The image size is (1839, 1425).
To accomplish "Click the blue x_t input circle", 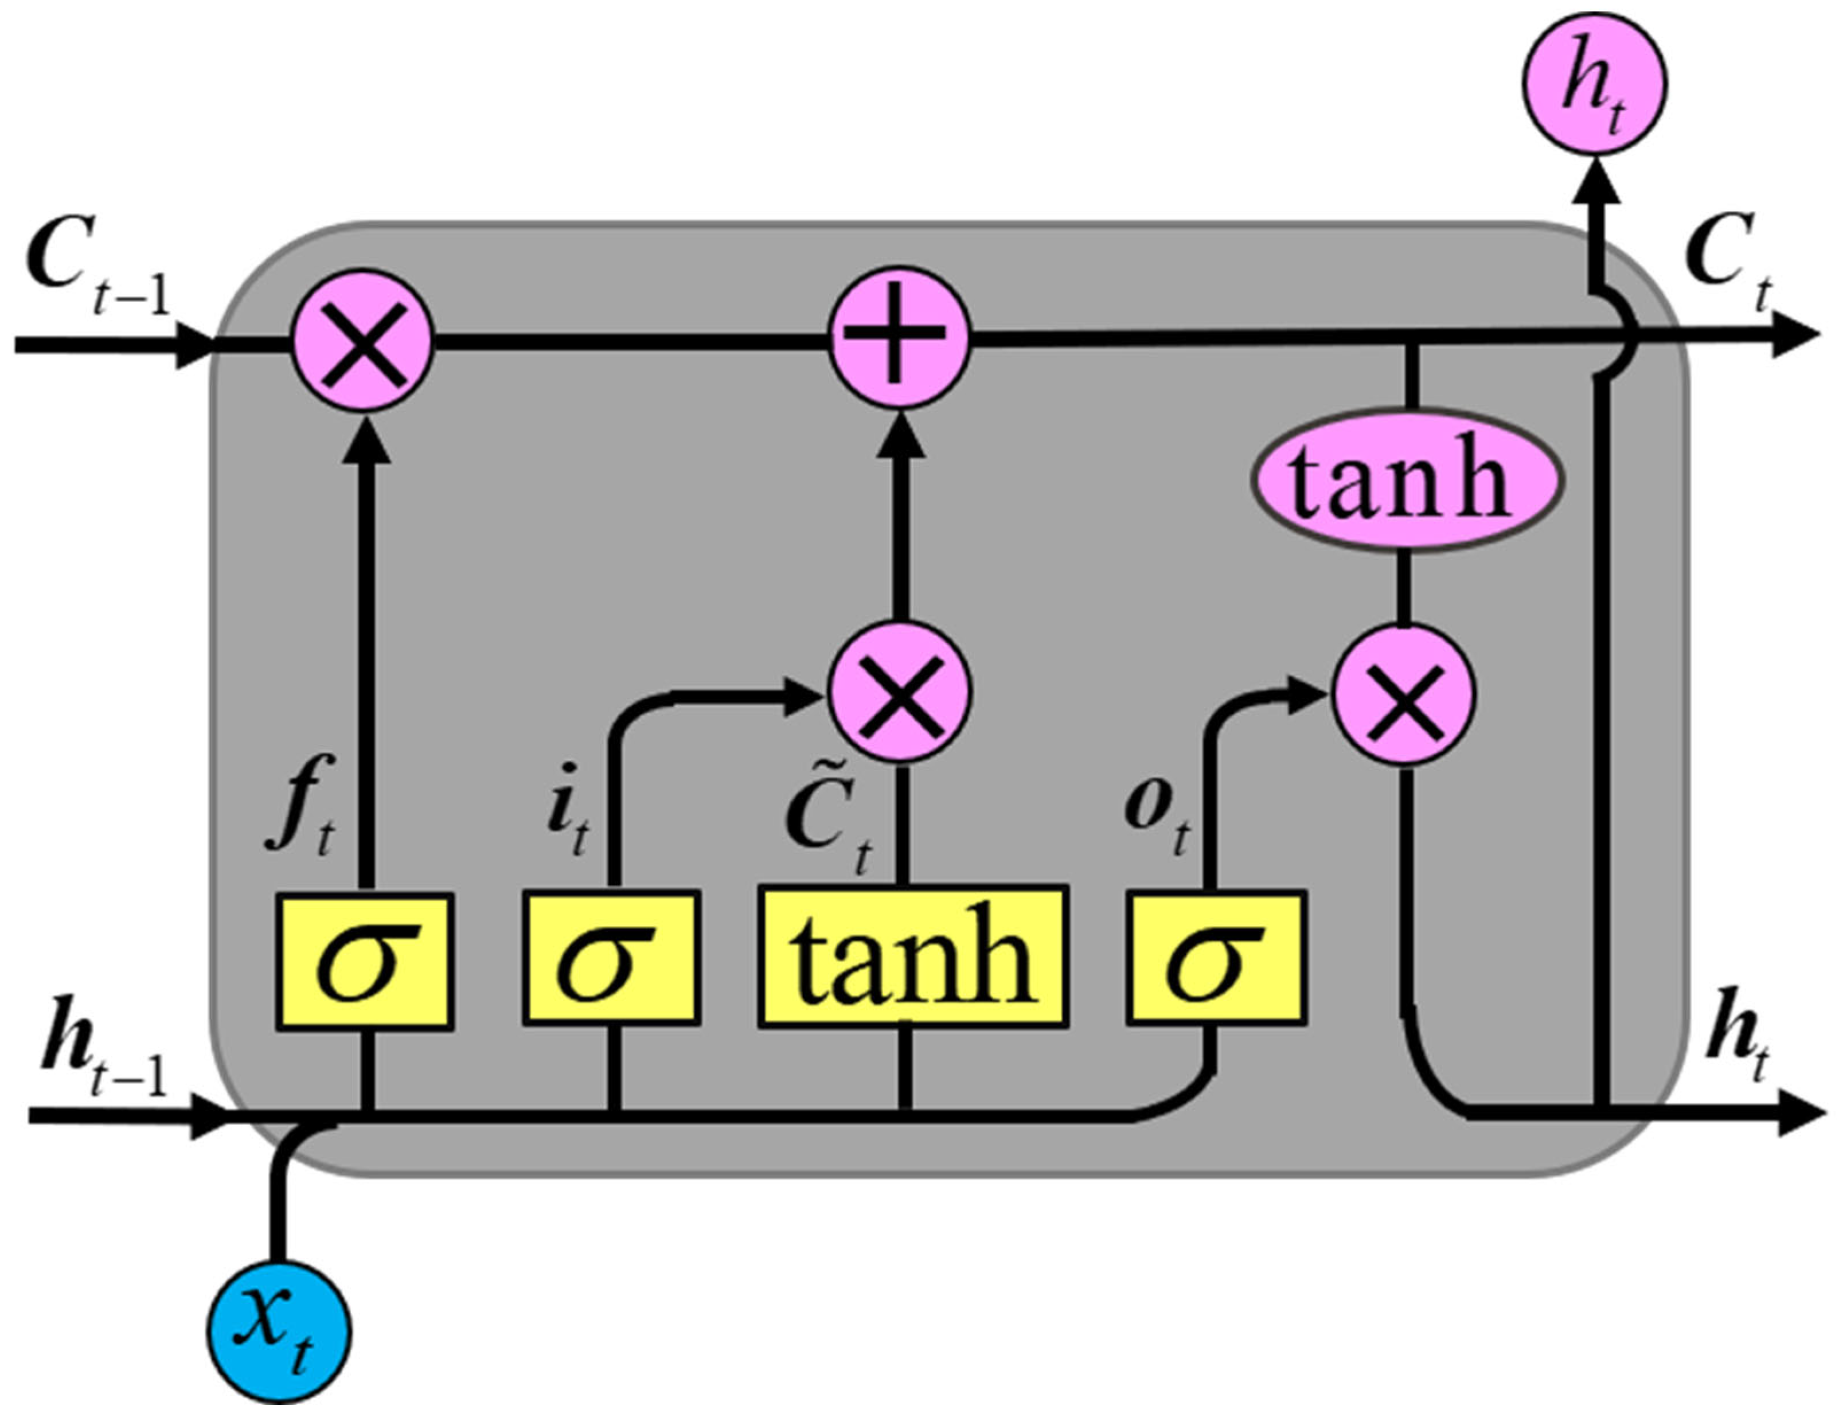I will point(279,1332).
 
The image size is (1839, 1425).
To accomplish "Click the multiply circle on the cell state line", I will point(363,340).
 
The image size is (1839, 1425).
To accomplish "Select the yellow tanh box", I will point(913,956).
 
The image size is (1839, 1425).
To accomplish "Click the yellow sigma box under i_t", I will point(611,958).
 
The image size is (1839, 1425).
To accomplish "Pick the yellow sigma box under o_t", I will point(1217,958).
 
